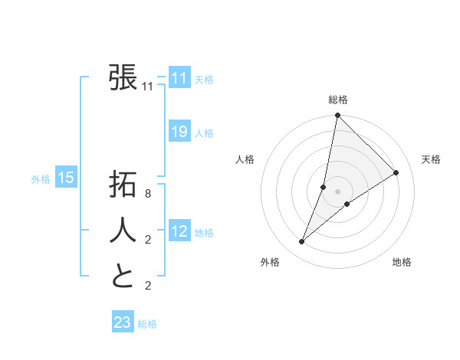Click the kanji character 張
[123, 77]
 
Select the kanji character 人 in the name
[123, 230]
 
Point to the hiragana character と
[123, 276]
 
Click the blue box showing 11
[179, 78]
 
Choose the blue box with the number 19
[179, 132]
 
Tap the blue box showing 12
[179, 231]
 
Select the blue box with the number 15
[65, 178]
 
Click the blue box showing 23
[123, 322]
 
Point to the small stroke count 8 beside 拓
[148, 194]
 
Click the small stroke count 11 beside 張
[148, 87]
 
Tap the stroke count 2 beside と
[148, 286]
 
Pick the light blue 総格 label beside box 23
[147, 324]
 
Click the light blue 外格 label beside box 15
[41, 179]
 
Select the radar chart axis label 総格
[338, 100]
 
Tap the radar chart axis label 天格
[431, 159]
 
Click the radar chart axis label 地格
[402, 262]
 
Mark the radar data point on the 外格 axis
[302, 242]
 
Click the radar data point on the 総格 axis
[337, 116]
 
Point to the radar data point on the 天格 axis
[396, 173]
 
